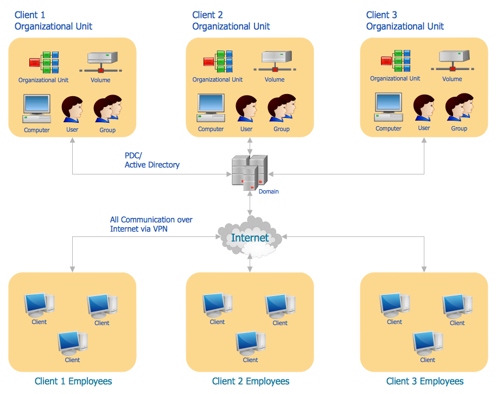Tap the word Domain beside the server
pyautogui.click(x=269, y=192)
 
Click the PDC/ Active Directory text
pyautogui.click(x=152, y=160)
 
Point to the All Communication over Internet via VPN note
pyautogui.click(x=151, y=224)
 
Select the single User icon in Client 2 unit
pyautogui.click(x=246, y=109)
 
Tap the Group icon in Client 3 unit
pyautogui.click(x=459, y=108)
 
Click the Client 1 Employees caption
pyautogui.click(x=73, y=382)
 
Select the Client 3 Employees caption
pyautogui.click(x=425, y=382)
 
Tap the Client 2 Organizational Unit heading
pyautogui.click(x=231, y=21)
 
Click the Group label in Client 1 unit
pyautogui.click(x=107, y=130)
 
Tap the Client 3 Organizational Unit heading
pyautogui.click(x=405, y=21)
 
